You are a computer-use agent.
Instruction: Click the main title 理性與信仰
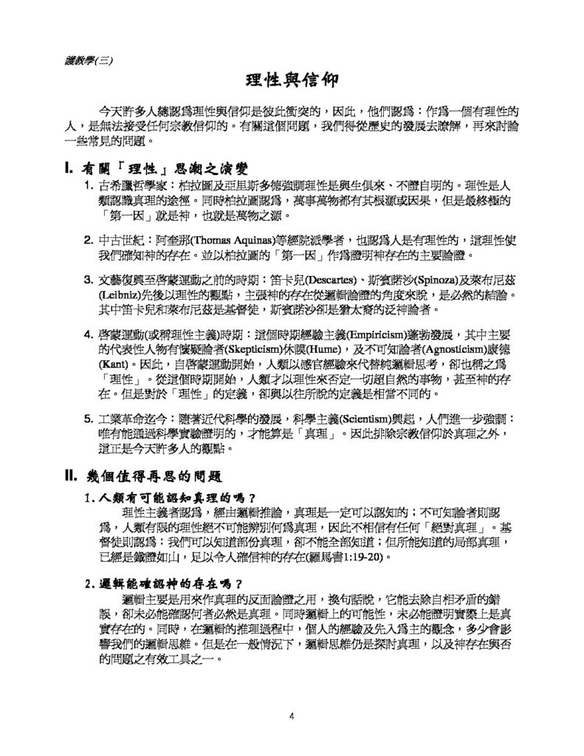pyautogui.click(x=292, y=79)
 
